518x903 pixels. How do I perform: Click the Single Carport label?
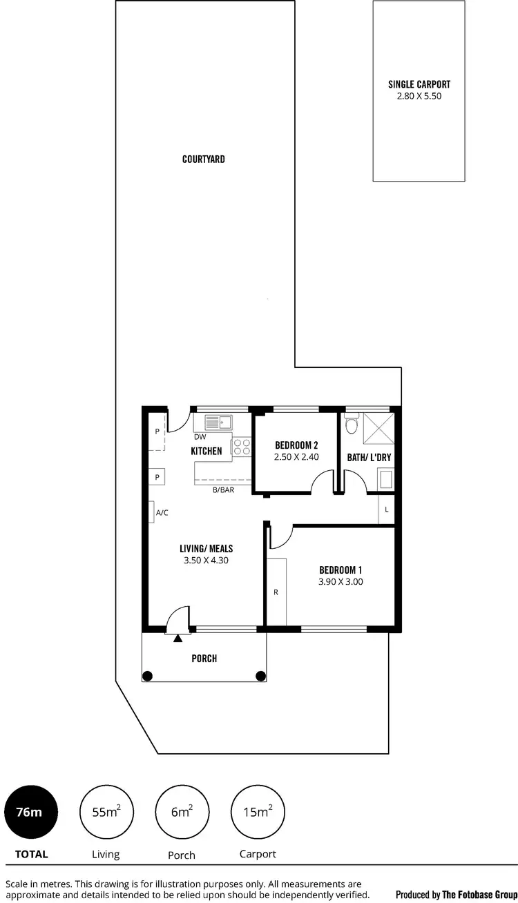419,85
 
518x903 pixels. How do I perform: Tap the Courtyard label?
204,159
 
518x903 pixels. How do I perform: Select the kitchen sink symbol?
218,421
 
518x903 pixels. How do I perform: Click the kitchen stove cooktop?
241,446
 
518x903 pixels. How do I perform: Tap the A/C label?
162,513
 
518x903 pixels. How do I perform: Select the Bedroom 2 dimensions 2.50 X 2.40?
296,457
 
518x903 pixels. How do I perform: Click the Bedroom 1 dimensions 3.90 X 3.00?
340,582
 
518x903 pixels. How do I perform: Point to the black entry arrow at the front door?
178,639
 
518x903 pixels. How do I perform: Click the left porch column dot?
147,676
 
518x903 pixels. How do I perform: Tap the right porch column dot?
260,676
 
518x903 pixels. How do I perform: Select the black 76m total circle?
32,812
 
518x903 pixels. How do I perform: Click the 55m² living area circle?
106,812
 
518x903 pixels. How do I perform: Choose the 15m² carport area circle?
257,812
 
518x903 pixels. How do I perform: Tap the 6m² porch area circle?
181,812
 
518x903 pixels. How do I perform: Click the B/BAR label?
222,489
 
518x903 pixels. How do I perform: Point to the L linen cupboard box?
386,509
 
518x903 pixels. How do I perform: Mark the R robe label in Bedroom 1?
276,592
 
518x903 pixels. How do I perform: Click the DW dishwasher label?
200,437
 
